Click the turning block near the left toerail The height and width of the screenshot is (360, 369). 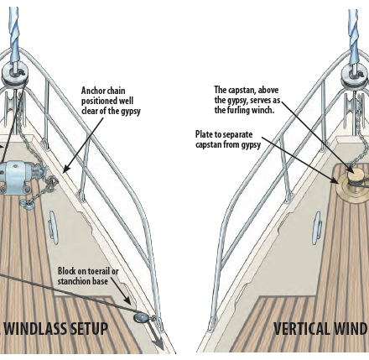tap(141, 317)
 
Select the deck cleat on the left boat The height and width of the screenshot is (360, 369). tap(53, 227)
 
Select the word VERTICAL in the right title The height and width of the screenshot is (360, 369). tap(300, 328)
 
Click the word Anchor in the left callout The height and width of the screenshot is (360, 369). tap(93, 91)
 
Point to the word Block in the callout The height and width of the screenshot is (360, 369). tap(65, 271)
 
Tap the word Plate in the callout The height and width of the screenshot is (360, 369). tap(204, 134)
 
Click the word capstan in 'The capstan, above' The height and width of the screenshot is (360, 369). tap(242, 90)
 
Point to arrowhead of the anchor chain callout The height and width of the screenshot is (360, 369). tap(66, 169)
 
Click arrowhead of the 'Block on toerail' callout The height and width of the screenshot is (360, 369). tap(128, 301)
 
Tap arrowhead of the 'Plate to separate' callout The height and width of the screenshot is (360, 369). tap(335, 180)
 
